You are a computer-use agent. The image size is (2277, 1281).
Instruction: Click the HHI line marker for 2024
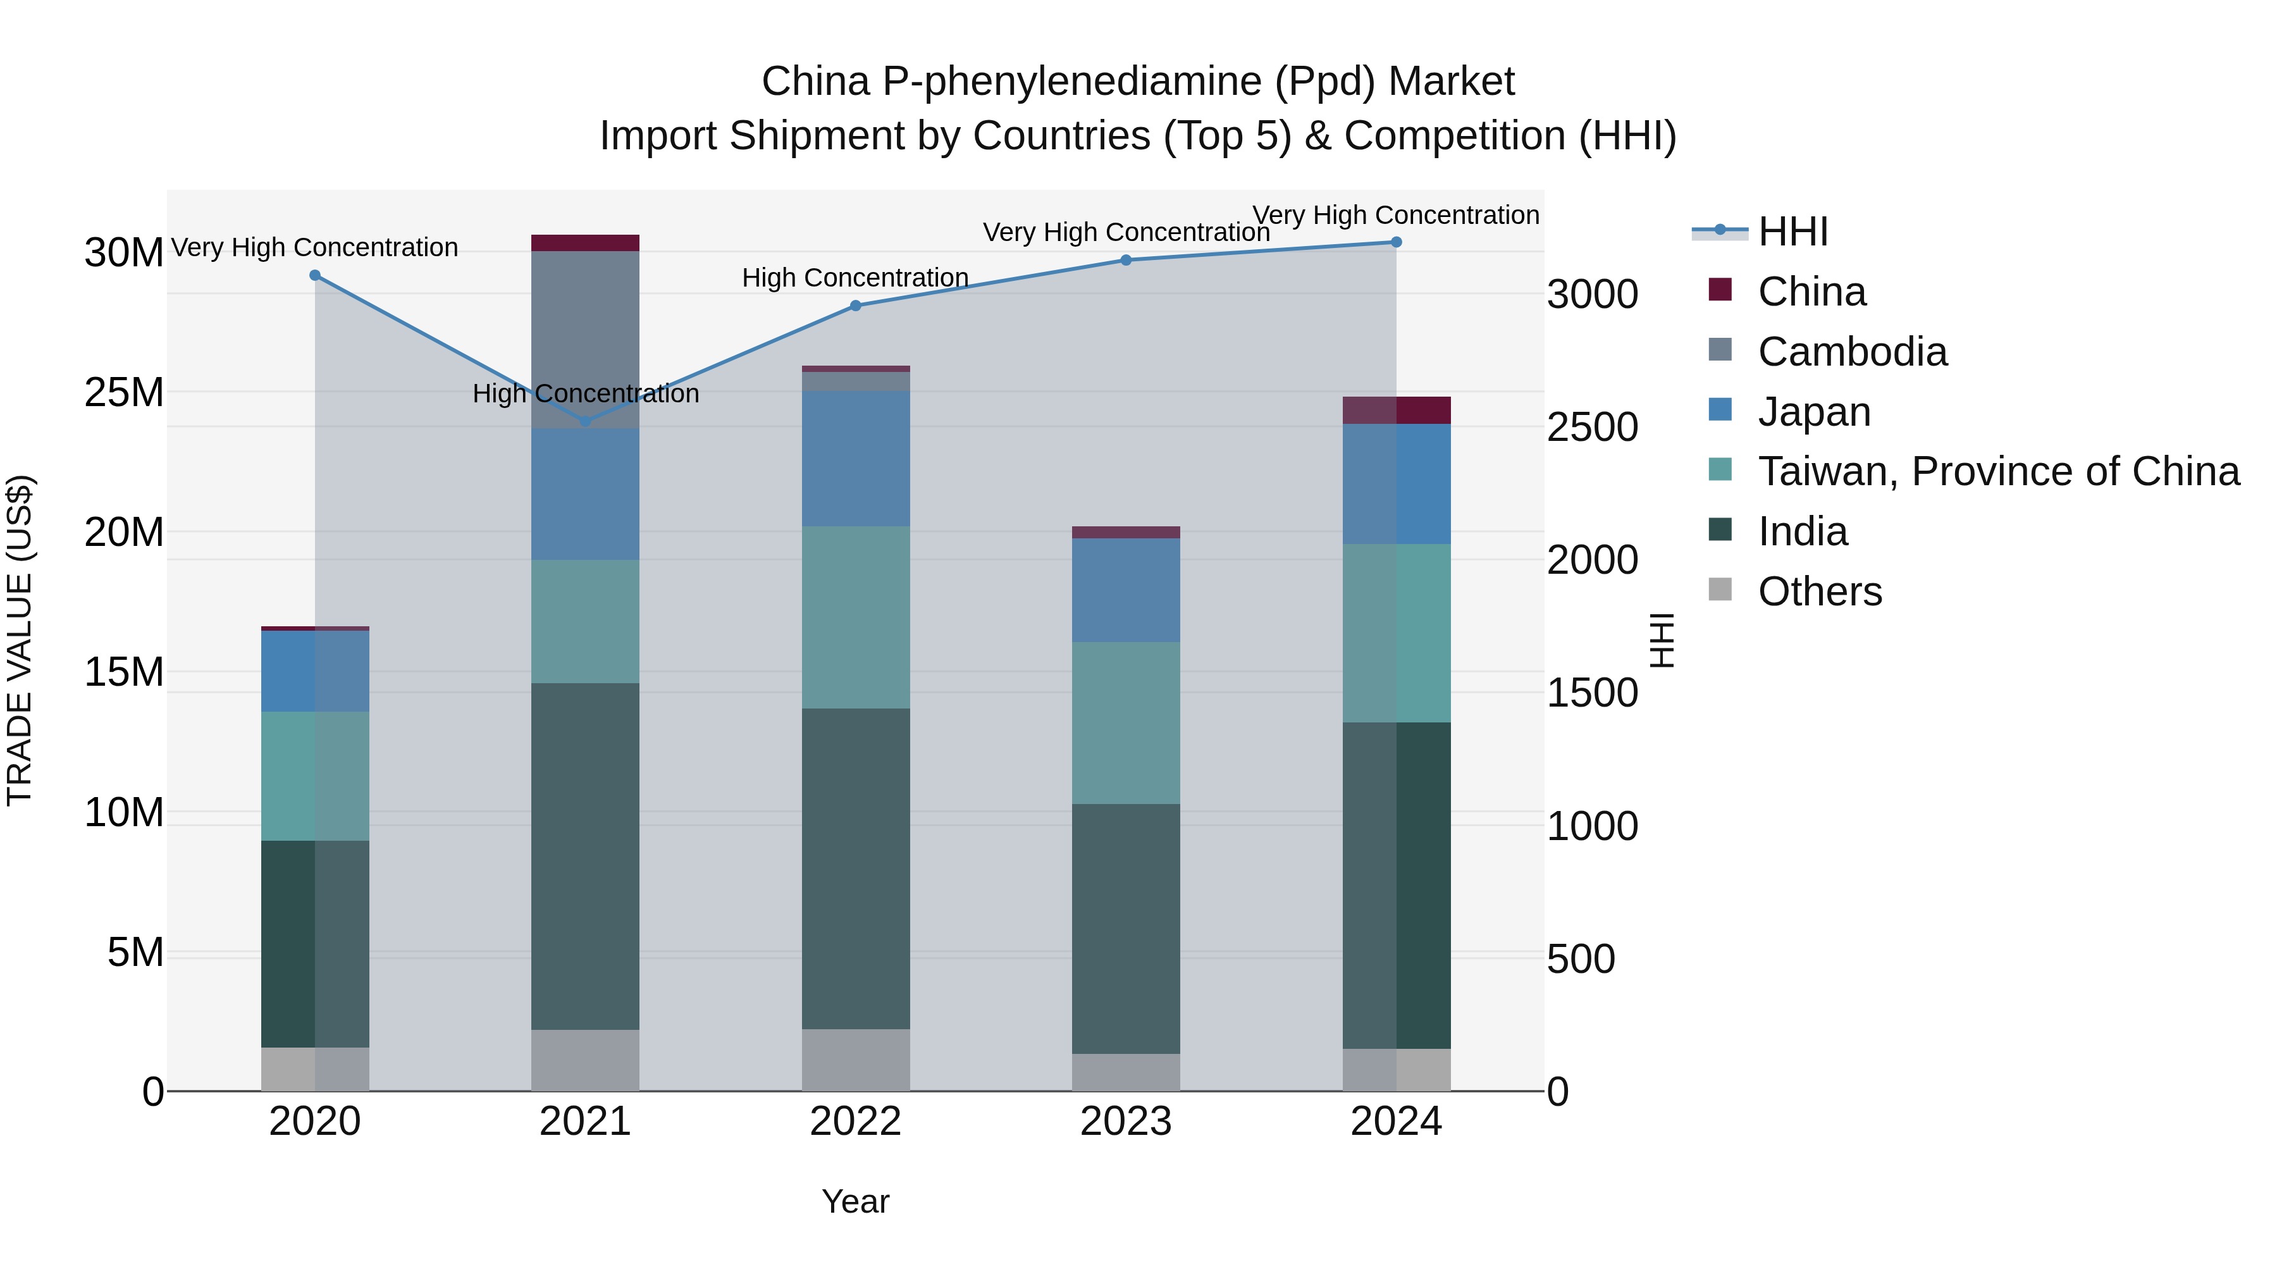click(x=1396, y=242)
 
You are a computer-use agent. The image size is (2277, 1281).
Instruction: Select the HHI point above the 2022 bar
click(x=855, y=306)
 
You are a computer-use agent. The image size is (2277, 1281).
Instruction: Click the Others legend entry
click(x=1819, y=591)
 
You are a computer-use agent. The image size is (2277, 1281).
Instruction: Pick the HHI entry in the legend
click(x=1792, y=232)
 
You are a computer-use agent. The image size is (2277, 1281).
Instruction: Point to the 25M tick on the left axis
click(x=124, y=392)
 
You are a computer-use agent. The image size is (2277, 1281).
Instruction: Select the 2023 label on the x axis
click(x=1125, y=1122)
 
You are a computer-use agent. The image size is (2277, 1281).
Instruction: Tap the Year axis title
click(x=855, y=1201)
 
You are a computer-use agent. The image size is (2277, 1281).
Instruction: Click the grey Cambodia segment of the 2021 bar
click(x=585, y=340)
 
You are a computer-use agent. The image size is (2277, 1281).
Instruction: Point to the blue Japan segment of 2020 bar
click(x=315, y=671)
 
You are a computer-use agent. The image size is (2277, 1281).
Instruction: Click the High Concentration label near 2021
click(x=585, y=393)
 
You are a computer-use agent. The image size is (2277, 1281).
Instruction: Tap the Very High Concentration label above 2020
click(x=315, y=247)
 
